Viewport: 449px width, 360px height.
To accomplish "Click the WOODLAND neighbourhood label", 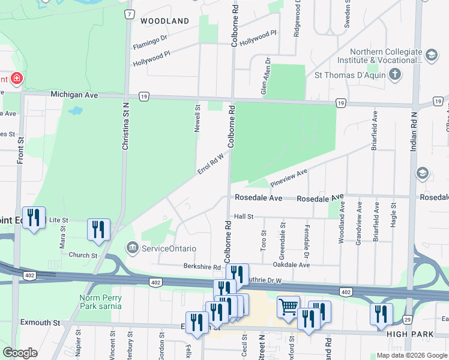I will [x=164, y=21].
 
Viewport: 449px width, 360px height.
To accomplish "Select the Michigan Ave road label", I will [x=74, y=95].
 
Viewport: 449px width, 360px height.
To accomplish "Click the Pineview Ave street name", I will [x=289, y=177].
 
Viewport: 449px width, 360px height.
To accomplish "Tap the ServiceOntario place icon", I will [x=132, y=247].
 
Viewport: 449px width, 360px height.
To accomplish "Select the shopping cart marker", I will [x=289, y=307].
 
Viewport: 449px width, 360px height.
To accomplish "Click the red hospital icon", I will [x=16, y=79].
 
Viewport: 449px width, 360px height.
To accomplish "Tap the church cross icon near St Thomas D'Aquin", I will [x=394, y=74].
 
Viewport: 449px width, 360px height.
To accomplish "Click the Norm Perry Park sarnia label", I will [x=100, y=302].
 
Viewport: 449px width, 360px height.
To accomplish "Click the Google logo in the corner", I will [x=20, y=353].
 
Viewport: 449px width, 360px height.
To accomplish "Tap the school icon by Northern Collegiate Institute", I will [x=430, y=55].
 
